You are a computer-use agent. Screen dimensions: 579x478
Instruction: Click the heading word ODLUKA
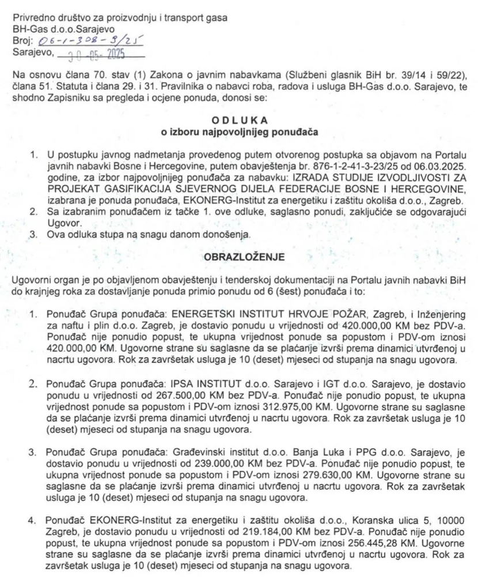(238, 122)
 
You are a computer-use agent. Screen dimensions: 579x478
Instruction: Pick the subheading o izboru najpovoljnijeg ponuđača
(238, 132)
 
